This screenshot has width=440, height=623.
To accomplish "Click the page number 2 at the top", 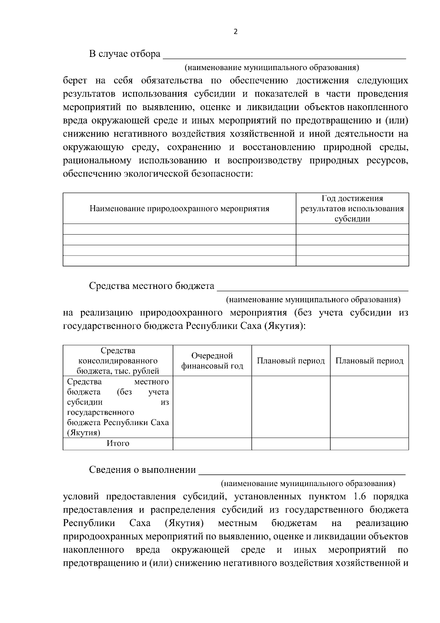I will pos(235,32).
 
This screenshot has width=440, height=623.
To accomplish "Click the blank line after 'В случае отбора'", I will pos(284,55).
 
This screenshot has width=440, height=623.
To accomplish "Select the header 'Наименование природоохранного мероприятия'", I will pos(179,209).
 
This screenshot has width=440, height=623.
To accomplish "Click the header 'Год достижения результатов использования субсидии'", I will pos(352,209).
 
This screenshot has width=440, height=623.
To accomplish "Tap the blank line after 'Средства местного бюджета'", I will pos(313,287).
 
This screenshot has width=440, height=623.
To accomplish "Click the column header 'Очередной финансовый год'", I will pos(212,361).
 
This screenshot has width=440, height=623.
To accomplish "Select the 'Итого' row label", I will pos(118,443).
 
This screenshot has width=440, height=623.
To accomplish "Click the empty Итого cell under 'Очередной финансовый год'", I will pos(212,444).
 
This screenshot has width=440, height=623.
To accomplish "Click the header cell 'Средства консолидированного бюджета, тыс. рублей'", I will pos(118,361).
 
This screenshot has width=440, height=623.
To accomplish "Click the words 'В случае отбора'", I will pos(124,54).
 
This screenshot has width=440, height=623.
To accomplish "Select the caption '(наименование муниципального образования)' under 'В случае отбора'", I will pos(271,68).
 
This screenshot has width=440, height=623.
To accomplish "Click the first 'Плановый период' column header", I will pos(291,361).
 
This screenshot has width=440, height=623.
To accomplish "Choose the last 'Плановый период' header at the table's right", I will pos(369,361).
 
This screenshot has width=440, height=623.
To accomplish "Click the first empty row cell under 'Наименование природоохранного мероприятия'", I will pos(179,229).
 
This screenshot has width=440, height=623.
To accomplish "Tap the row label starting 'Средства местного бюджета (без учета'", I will pos(118,407).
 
